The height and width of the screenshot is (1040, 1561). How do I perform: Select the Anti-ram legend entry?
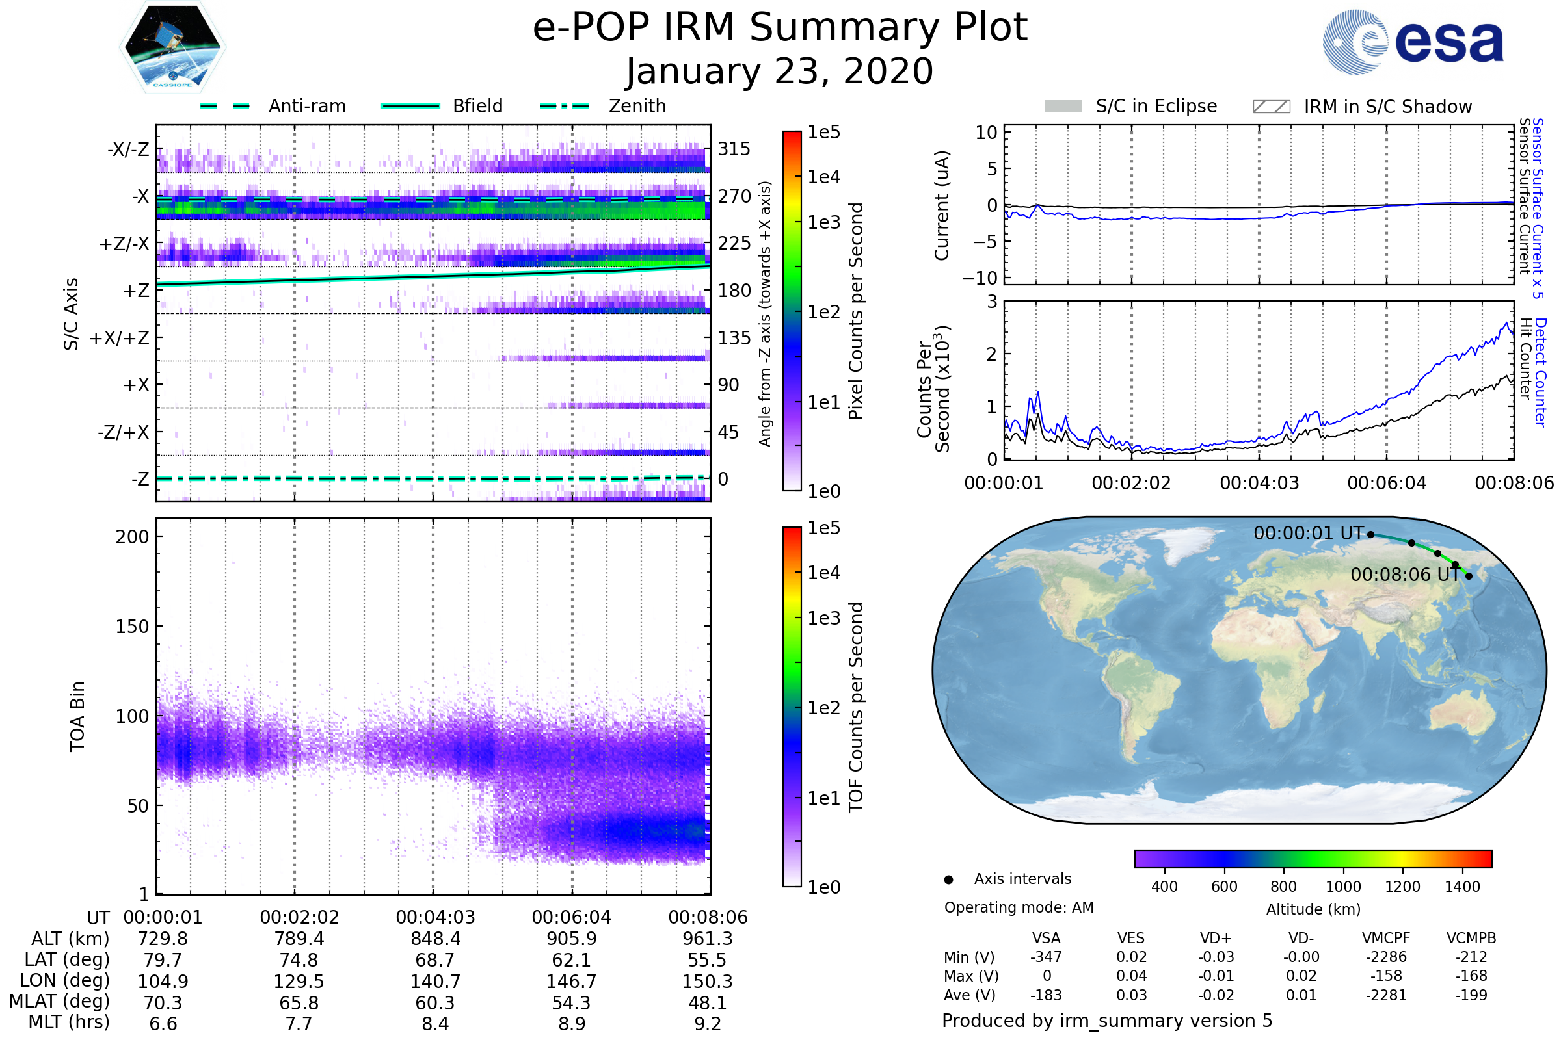pos(273,106)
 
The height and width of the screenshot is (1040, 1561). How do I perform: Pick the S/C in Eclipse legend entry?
pos(1131,107)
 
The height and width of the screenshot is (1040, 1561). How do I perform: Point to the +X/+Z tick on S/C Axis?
pos(120,338)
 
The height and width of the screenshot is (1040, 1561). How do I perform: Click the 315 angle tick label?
pos(734,149)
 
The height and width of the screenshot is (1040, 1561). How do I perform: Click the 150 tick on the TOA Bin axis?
pos(132,627)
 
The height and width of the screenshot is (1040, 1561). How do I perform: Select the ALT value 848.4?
pos(435,939)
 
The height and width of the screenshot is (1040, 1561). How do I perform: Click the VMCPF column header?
pos(1386,939)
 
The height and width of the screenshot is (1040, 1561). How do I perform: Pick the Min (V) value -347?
pos(1046,957)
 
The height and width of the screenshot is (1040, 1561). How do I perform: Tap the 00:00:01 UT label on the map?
pos(1308,533)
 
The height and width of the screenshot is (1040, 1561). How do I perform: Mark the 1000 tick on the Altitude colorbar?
pos(1343,887)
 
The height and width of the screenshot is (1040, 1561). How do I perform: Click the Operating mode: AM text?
pos(1019,907)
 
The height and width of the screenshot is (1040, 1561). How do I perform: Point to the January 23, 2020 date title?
pos(780,71)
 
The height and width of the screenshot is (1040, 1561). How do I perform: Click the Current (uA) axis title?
pos(942,205)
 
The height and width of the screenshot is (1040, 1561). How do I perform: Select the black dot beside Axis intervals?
pos(949,879)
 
